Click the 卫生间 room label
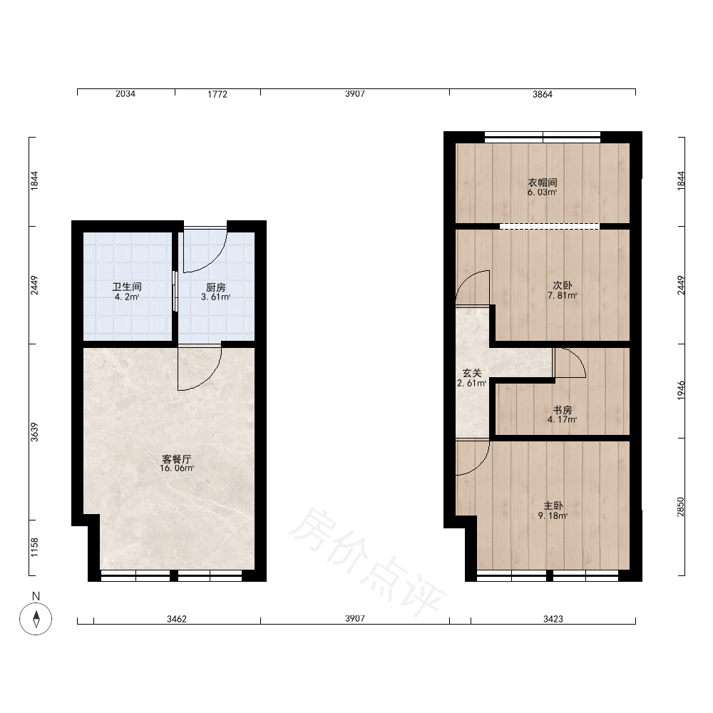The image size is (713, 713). [127, 287]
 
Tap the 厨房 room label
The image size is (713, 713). [215, 287]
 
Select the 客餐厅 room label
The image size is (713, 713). [176, 458]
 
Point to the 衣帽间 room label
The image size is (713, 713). [543, 183]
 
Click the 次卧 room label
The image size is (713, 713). [562, 286]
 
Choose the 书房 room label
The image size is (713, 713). [562, 410]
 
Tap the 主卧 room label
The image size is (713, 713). [553, 506]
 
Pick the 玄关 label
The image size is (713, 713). [471, 374]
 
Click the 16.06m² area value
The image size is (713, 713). [177, 468]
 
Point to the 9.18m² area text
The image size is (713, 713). [553, 516]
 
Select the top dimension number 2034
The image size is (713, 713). [125, 93]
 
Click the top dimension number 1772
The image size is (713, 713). [217, 94]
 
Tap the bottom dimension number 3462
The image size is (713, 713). [176, 619]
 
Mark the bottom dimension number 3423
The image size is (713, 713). [553, 619]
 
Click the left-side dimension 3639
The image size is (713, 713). [34, 432]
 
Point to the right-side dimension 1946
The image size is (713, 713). [681, 390]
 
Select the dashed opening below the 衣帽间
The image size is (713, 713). [550, 226]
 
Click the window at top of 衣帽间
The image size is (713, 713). [543, 137]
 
